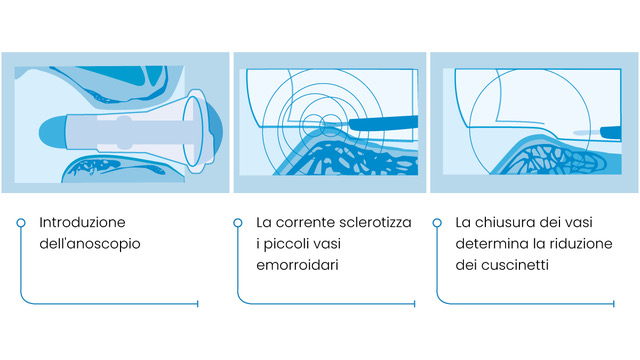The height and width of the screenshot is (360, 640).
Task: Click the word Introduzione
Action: point(82,222)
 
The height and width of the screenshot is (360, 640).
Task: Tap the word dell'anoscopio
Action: point(90,244)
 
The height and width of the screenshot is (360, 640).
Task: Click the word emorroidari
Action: point(297,265)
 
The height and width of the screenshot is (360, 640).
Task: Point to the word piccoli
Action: point(282,244)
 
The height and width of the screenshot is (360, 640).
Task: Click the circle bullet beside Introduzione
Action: point(21,223)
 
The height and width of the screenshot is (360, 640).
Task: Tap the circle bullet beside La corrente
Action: point(238,223)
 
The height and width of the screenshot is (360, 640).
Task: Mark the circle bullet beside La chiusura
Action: point(437,223)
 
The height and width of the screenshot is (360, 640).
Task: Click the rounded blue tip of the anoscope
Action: point(52,132)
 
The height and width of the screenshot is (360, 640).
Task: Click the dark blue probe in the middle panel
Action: point(384,123)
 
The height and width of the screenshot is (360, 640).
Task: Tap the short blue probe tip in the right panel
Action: point(610,133)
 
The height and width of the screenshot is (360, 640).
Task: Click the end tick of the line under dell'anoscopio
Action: point(198,304)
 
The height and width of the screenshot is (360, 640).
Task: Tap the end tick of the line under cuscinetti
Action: point(613,304)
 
